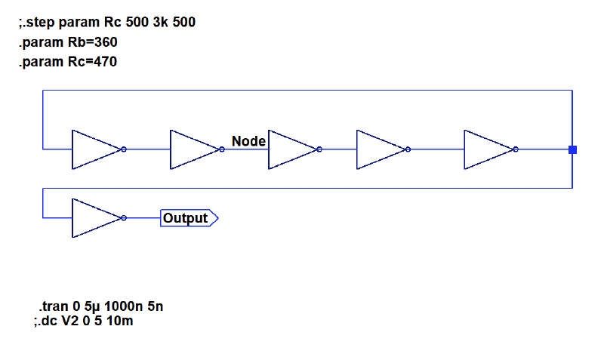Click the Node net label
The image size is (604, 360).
248,141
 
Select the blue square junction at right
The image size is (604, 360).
572,149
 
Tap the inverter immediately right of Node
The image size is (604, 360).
292,149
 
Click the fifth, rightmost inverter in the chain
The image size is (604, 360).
488,149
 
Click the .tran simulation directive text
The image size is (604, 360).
100,307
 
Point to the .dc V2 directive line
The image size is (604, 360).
84,321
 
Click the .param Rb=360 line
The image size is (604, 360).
68,42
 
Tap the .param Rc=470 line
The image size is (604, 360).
68,62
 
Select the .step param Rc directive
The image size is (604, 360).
106,23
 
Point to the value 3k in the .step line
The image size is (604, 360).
159,23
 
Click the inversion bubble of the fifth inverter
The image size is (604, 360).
516,149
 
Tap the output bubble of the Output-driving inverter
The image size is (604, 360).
124,218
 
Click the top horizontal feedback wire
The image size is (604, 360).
302,91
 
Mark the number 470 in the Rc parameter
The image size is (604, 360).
106,62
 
